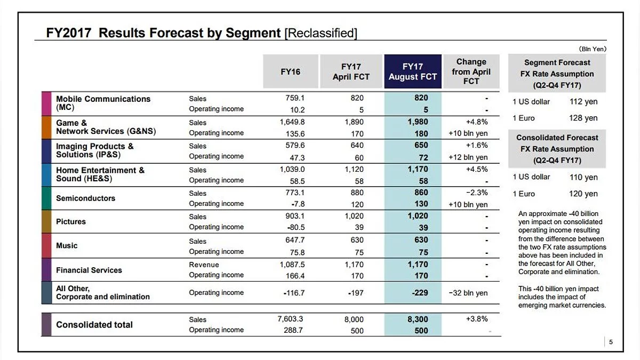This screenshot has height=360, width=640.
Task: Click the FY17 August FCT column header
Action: pyautogui.click(x=412, y=71)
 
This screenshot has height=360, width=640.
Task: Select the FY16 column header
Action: pyautogui.click(x=291, y=71)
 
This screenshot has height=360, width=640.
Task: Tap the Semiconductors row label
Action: pyautogui.click(x=85, y=198)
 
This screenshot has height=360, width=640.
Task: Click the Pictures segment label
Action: pyautogui.click(x=71, y=221)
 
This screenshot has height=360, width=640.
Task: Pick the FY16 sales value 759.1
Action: pyautogui.click(x=294, y=98)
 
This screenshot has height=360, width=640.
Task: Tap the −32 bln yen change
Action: pyautogui.click(x=468, y=293)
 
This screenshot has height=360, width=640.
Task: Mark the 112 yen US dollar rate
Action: pyautogui.click(x=583, y=102)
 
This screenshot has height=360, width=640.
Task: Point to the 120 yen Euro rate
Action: pyautogui.click(x=583, y=194)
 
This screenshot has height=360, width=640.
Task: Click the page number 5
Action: pyautogui.click(x=611, y=342)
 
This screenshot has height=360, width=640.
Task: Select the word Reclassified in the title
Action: pyautogui.click(x=321, y=33)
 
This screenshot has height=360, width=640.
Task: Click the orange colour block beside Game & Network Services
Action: pyautogui.click(x=46, y=127)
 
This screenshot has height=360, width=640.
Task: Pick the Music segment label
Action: pyautogui.click(x=67, y=245)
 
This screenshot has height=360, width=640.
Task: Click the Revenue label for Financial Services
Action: pyautogui.click(x=204, y=265)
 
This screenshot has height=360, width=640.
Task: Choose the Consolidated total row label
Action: pyautogui.click(x=94, y=324)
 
